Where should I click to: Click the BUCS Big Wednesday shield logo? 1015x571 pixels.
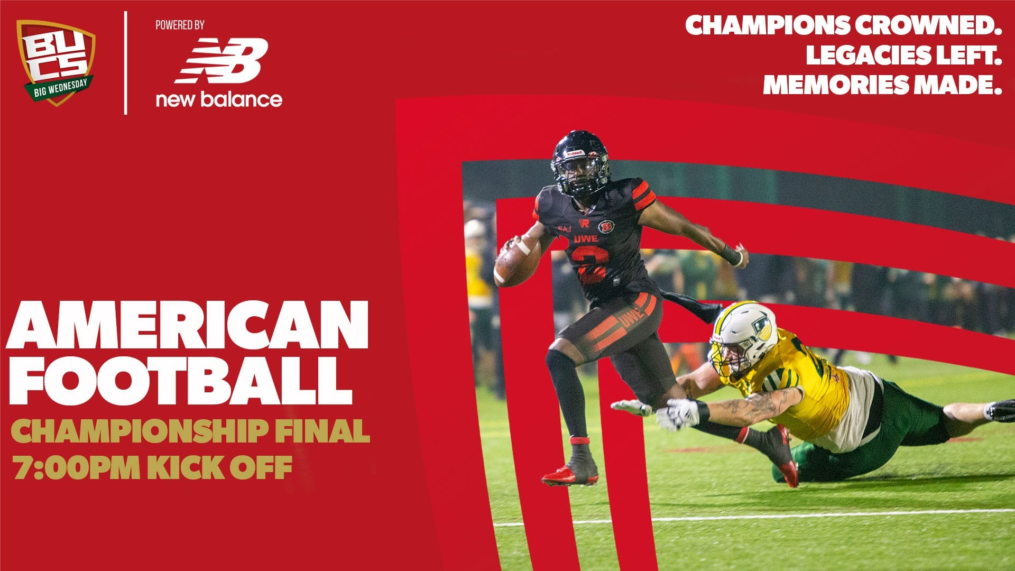pos(56,62)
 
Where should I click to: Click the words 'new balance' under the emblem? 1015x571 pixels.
pos(219,99)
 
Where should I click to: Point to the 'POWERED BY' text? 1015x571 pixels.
pos(180,25)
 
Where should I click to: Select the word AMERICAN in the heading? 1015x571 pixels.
pos(187,324)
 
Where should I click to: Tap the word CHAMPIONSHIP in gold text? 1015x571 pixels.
pos(140,431)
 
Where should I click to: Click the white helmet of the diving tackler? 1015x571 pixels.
pos(743,337)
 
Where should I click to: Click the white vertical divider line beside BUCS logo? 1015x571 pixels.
pos(125,62)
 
